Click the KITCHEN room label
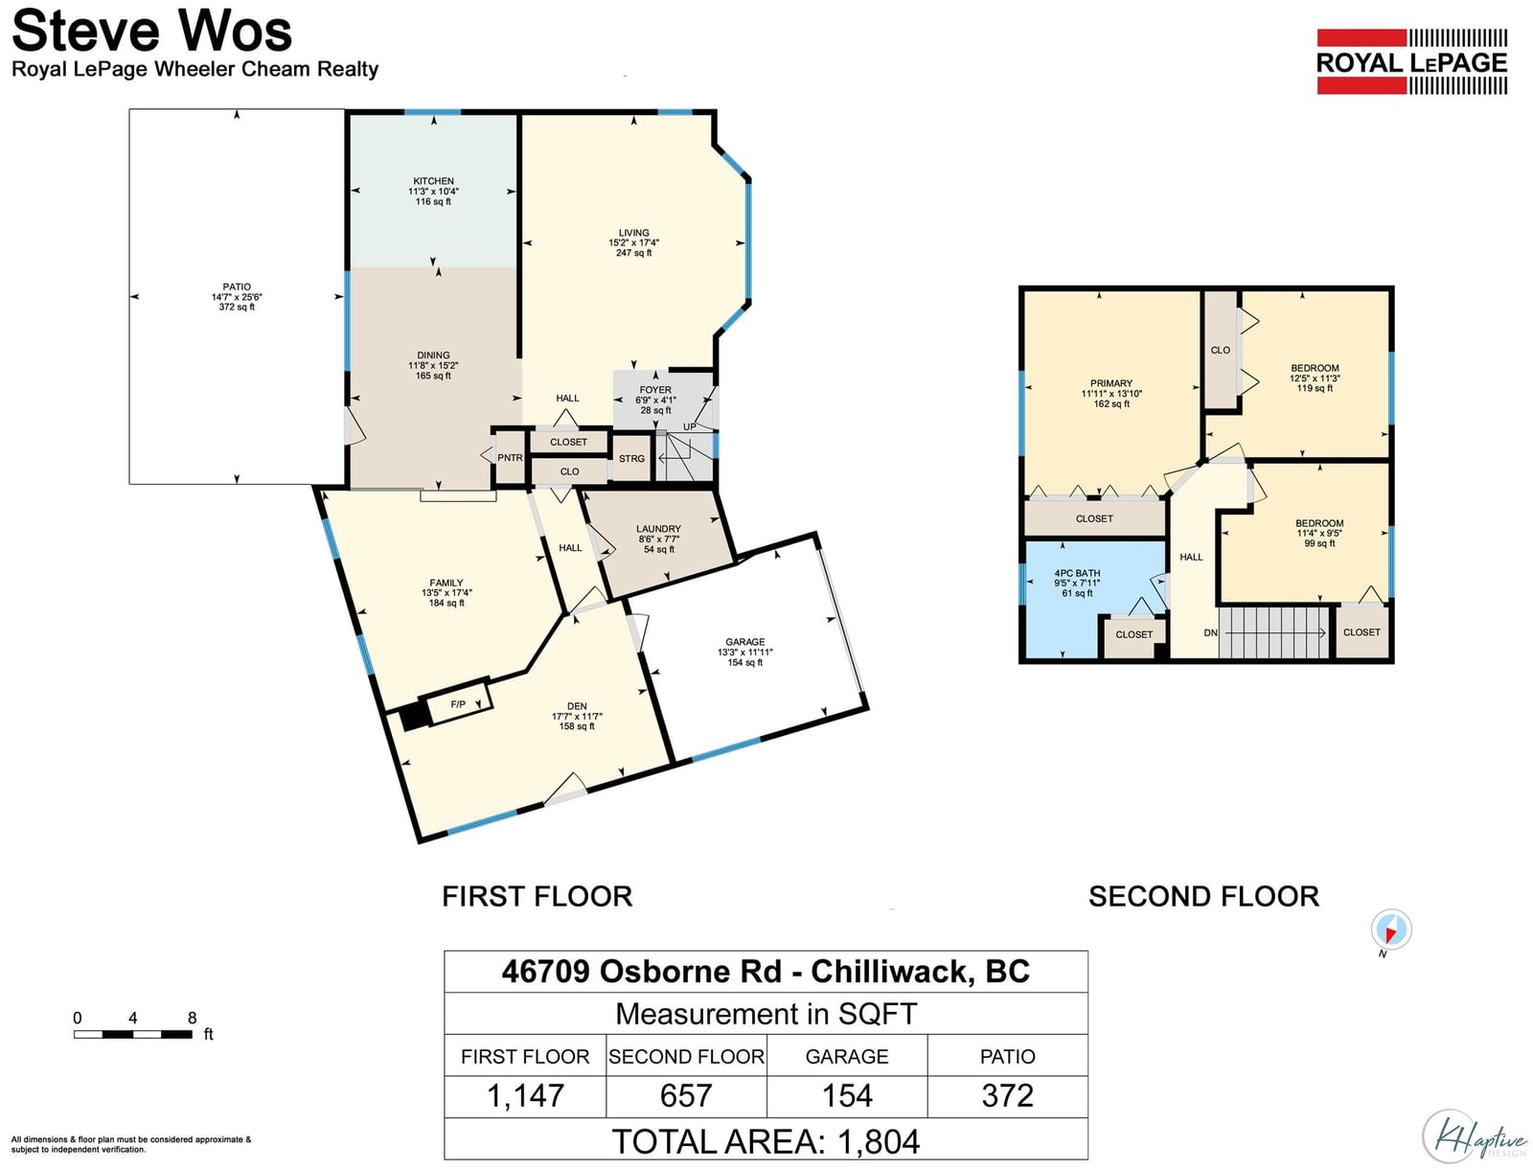(433, 181)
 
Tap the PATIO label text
(237, 287)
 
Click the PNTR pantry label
(510, 458)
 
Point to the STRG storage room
(631, 459)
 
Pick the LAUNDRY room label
(658, 529)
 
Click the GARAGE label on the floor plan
(745, 642)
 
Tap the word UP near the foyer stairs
(689, 426)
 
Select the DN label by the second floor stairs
(1210, 632)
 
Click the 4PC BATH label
(1077, 573)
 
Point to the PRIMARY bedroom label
(1111, 383)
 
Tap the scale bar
(132, 1034)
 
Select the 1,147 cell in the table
(525, 1095)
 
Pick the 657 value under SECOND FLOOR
(686, 1095)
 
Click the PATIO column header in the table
(1007, 1057)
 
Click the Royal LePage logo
(1411, 61)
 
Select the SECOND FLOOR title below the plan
(1204, 897)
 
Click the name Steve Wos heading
(151, 31)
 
